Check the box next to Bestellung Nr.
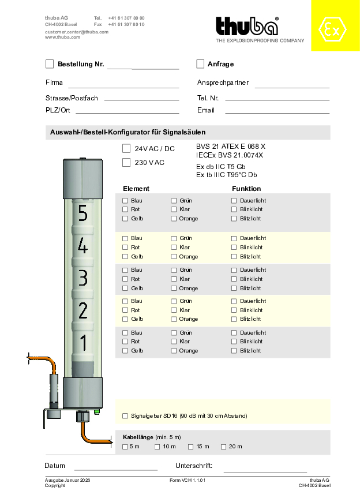(x=50, y=64)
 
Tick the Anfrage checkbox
(x=200, y=64)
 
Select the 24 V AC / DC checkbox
(x=126, y=148)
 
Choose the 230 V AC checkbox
(x=126, y=163)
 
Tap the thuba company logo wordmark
(x=247, y=27)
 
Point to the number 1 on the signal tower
(x=83, y=343)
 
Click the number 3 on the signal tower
(x=83, y=278)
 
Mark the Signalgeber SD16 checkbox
(x=125, y=415)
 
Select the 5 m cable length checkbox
(x=125, y=447)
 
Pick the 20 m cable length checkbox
(x=223, y=447)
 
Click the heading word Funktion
(x=246, y=189)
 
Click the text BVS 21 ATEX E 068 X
(x=231, y=147)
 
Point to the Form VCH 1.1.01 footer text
(x=187, y=480)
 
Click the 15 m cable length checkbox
(x=191, y=447)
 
